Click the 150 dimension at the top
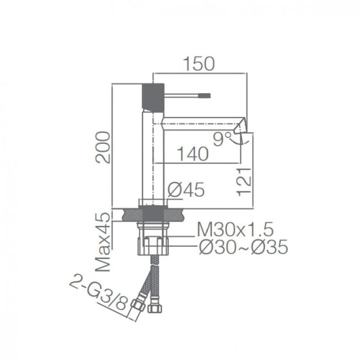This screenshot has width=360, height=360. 198,64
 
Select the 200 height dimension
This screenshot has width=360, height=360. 105,147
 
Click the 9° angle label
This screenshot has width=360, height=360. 220,139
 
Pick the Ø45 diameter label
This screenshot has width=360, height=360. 186,190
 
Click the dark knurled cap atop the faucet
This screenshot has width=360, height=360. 152,95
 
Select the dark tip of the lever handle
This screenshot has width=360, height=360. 205,95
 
